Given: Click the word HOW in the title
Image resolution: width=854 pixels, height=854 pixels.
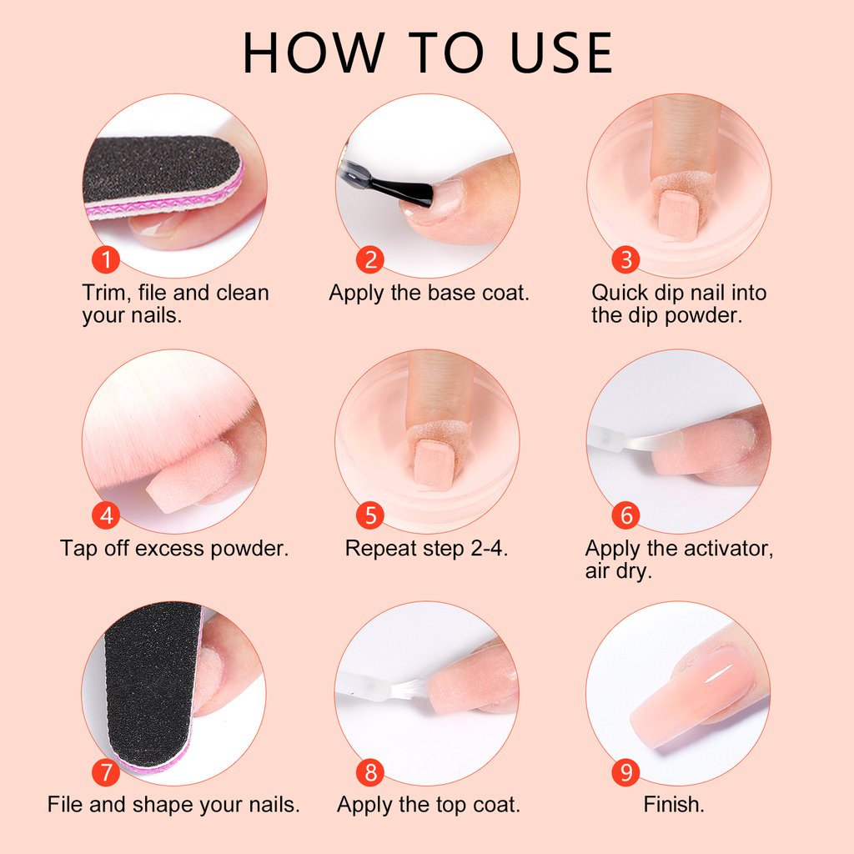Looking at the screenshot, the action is (314, 53).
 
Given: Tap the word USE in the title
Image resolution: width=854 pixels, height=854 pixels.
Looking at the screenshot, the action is (561, 53).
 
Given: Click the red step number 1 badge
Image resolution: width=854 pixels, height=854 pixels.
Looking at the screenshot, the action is (106, 259).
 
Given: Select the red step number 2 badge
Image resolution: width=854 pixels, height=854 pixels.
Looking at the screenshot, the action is (369, 259).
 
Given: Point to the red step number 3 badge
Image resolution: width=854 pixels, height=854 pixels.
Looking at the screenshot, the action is (625, 259).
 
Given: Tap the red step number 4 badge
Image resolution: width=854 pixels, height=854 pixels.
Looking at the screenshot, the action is (106, 515).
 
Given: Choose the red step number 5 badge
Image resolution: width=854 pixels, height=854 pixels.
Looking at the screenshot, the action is (369, 515).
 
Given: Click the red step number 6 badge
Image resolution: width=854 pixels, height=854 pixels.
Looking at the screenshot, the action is (625, 515).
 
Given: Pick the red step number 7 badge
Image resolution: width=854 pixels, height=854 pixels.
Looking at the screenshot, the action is (106, 772).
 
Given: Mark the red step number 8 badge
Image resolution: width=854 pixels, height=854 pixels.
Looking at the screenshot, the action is (369, 772).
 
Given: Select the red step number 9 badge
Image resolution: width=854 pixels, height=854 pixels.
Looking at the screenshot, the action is (625, 772).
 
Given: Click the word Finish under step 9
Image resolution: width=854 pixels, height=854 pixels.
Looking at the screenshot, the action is (674, 805).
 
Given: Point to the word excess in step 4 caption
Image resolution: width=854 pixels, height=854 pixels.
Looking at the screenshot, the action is (169, 549).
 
